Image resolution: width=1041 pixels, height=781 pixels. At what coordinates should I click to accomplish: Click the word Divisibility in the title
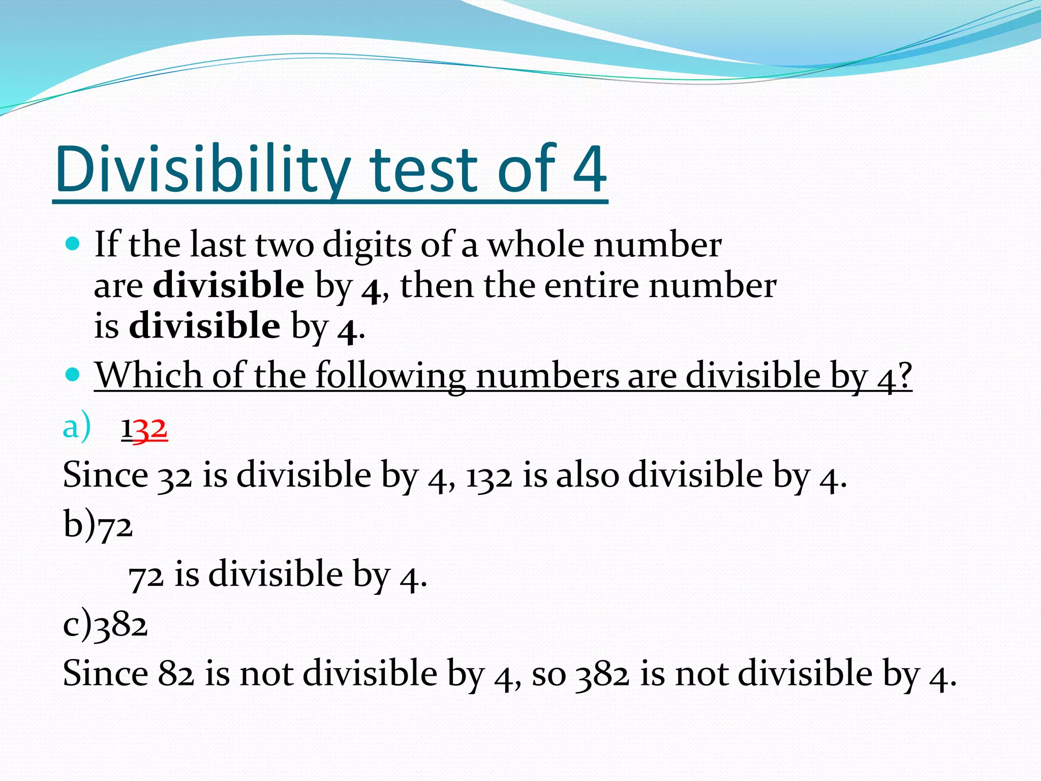(x=203, y=169)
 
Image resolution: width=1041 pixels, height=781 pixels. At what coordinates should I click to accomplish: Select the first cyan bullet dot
(x=73, y=245)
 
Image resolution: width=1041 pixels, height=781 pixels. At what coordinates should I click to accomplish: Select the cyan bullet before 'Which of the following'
(x=73, y=375)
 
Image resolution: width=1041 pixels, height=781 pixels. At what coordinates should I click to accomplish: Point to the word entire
(x=591, y=285)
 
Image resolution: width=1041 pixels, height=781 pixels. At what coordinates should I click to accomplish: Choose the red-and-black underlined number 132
(x=144, y=429)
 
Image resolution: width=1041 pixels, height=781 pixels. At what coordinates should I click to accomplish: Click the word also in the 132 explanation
(x=588, y=475)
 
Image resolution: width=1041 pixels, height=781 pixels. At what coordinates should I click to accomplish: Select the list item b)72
(x=98, y=525)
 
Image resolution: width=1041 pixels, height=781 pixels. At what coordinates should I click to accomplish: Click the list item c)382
(x=105, y=625)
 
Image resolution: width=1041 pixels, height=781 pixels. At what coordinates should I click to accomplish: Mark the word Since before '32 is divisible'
(x=105, y=475)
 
